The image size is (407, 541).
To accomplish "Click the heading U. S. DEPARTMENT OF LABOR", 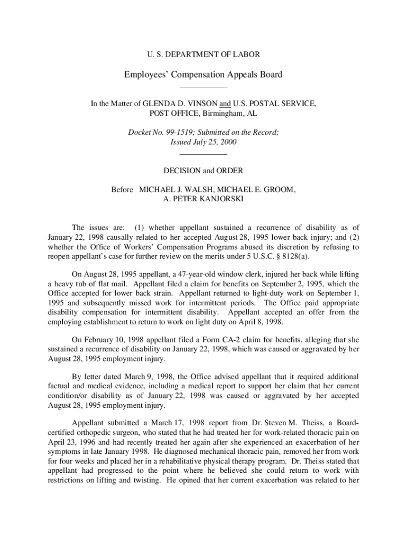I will [203, 54].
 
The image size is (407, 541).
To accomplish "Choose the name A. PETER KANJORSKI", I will [203, 199].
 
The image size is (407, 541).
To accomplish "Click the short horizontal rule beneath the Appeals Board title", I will [203, 87].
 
